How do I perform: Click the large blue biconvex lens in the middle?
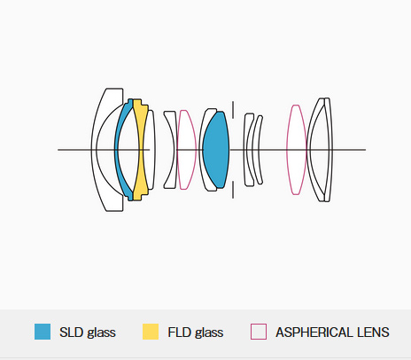216,150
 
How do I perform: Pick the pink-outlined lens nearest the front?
186,150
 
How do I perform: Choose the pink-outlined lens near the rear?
296,150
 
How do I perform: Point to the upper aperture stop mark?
233,110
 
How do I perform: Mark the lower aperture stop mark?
233,190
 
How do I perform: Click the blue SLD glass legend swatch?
43,332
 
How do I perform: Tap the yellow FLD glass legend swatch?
151,332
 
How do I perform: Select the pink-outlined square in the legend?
259,332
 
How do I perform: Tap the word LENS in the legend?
373,333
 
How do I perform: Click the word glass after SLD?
101,333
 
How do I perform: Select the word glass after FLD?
209,333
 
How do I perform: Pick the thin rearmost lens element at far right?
329,150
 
